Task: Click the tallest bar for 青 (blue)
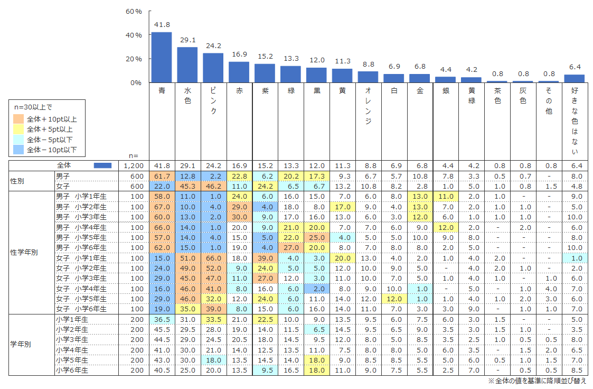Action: [x=161, y=57]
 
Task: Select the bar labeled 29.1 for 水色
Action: [x=187, y=64]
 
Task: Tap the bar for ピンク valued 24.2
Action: [x=213, y=68]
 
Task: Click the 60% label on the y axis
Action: [x=134, y=11]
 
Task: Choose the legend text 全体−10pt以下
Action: [x=52, y=150]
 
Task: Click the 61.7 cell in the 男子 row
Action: [x=162, y=175]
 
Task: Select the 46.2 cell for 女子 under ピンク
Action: [x=213, y=186]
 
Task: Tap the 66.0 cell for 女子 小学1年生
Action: [x=213, y=258]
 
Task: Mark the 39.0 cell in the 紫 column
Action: [x=265, y=258]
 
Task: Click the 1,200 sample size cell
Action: [x=133, y=165]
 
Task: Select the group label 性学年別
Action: [x=24, y=252]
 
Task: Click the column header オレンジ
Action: [x=369, y=106]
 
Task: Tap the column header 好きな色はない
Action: [x=575, y=121]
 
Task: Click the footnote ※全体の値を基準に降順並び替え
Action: [x=536, y=381]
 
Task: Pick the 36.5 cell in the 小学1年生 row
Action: [x=162, y=319]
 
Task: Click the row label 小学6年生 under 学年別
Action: [x=71, y=371]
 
